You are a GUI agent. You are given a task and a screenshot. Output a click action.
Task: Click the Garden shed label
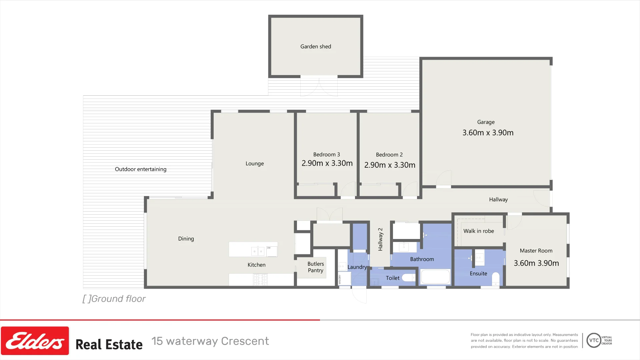315,47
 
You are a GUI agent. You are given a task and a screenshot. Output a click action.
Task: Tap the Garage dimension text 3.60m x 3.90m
488,133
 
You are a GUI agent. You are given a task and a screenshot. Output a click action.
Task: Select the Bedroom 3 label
326,155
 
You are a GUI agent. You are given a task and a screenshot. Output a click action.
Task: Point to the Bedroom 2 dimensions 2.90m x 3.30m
389,165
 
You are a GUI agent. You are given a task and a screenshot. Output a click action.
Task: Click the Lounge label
254,164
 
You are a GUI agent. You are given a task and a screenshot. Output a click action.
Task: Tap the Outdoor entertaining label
140,169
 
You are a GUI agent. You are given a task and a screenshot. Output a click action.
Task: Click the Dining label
186,239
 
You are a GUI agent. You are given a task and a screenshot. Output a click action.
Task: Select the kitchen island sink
258,250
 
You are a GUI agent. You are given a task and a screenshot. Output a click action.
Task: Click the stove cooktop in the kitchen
260,279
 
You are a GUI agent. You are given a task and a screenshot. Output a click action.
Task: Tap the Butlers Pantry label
315,267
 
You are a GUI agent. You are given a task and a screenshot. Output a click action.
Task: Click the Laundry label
357,267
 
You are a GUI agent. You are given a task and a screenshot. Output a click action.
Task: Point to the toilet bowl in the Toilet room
408,277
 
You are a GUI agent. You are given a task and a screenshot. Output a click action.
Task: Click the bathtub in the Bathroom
435,277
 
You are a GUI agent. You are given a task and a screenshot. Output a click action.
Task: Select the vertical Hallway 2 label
380,239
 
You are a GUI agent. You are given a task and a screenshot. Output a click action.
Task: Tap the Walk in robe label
478,231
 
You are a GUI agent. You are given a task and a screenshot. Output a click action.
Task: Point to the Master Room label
536,251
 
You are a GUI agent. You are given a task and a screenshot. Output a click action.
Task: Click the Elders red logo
35,341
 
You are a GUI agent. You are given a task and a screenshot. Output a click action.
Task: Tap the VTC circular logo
594,340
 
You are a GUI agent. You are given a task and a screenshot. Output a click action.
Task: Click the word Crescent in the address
245,341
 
